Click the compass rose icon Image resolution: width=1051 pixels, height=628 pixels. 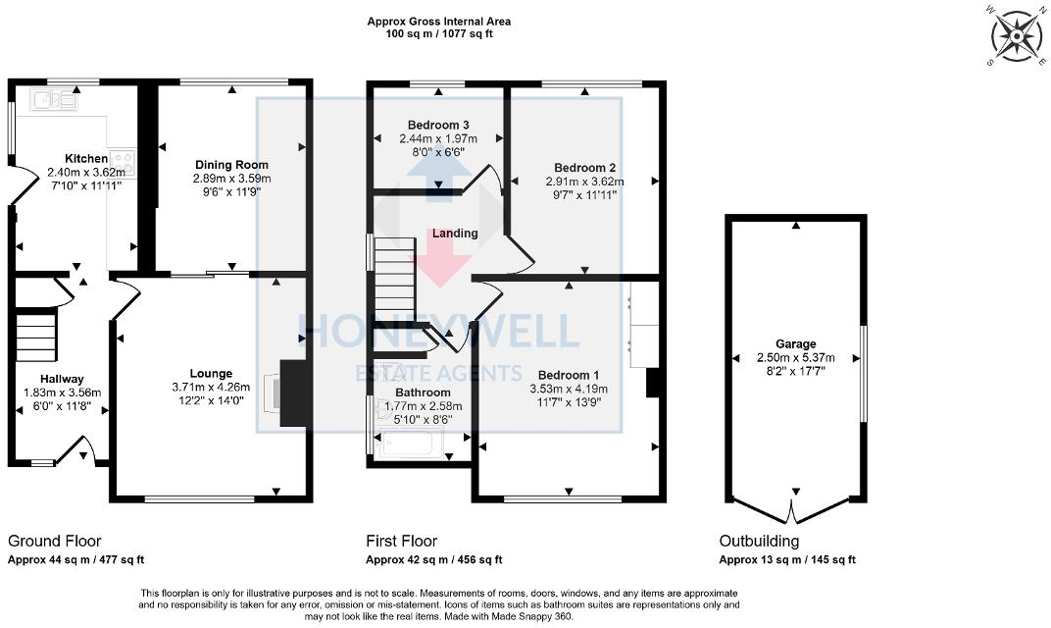(x=1017, y=37)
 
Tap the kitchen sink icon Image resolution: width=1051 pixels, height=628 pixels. (x=54, y=98)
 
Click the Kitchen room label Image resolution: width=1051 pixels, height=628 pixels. (x=86, y=159)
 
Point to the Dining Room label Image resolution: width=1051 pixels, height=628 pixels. (x=231, y=165)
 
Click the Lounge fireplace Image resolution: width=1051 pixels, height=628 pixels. (x=292, y=393)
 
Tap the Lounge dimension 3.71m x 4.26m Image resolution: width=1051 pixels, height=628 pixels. (x=211, y=387)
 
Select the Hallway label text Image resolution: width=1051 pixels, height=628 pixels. (x=62, y=379)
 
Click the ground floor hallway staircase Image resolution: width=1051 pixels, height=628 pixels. (x=36, y=337)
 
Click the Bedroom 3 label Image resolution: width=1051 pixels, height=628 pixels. (x=438, y=126)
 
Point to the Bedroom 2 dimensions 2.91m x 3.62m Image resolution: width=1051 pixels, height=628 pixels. (x=584, y=182)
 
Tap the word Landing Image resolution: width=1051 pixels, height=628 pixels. (x=455, y=234)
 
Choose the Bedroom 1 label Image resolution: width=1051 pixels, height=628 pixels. (x=569, y=376)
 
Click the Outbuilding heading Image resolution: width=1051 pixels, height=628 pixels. (x=759, y=542)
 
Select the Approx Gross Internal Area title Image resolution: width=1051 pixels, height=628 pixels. (x=438, y=22)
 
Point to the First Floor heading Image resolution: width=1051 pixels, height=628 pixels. (x=401, y=542)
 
